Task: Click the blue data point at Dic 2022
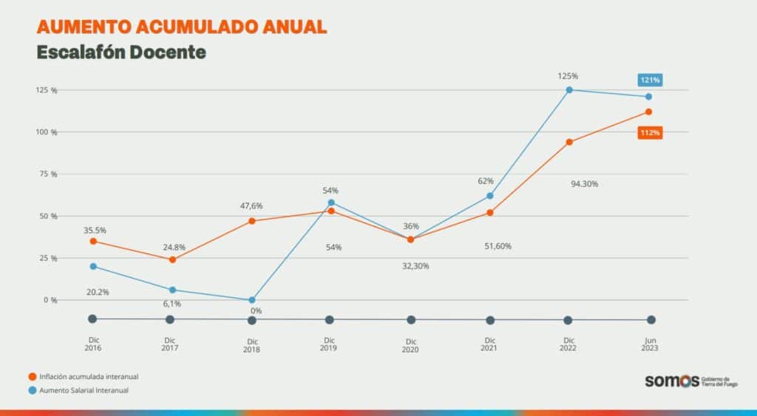coord(569,90)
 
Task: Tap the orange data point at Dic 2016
coord(92,241)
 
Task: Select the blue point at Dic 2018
coord(252,300)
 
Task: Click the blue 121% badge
coord(650,79)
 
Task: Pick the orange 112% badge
coord(650,133)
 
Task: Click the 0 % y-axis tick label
coord(50,300)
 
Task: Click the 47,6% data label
coord(252,206)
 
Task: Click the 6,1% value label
coord(172,304)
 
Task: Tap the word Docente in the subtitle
coord(168,52)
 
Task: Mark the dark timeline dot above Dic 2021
coord(489,320)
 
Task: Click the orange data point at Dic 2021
coord(489,213)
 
